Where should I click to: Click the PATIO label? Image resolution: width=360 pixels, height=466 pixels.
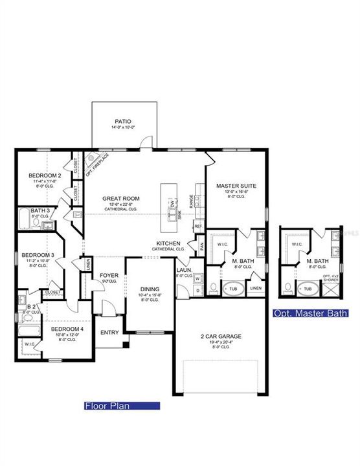(x=123, y=121)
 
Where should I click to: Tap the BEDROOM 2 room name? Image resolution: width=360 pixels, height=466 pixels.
(x=45, y=175)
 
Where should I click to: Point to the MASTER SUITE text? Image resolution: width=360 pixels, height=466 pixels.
(x=236, y=186)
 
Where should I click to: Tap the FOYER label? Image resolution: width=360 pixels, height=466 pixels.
(x=109, y=275)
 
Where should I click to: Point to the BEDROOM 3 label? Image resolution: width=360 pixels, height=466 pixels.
(x=38, y=255)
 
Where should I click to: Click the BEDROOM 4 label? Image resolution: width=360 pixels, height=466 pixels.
(x=67, y=329)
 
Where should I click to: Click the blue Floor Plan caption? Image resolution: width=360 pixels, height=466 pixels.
(x=121, y=406)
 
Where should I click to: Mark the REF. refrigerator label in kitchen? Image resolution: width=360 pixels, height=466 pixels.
(x=198, y=227)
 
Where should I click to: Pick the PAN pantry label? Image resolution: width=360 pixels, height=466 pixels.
(x=201, y=247)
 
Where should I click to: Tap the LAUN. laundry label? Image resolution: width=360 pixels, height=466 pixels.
(x=184, y=271)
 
